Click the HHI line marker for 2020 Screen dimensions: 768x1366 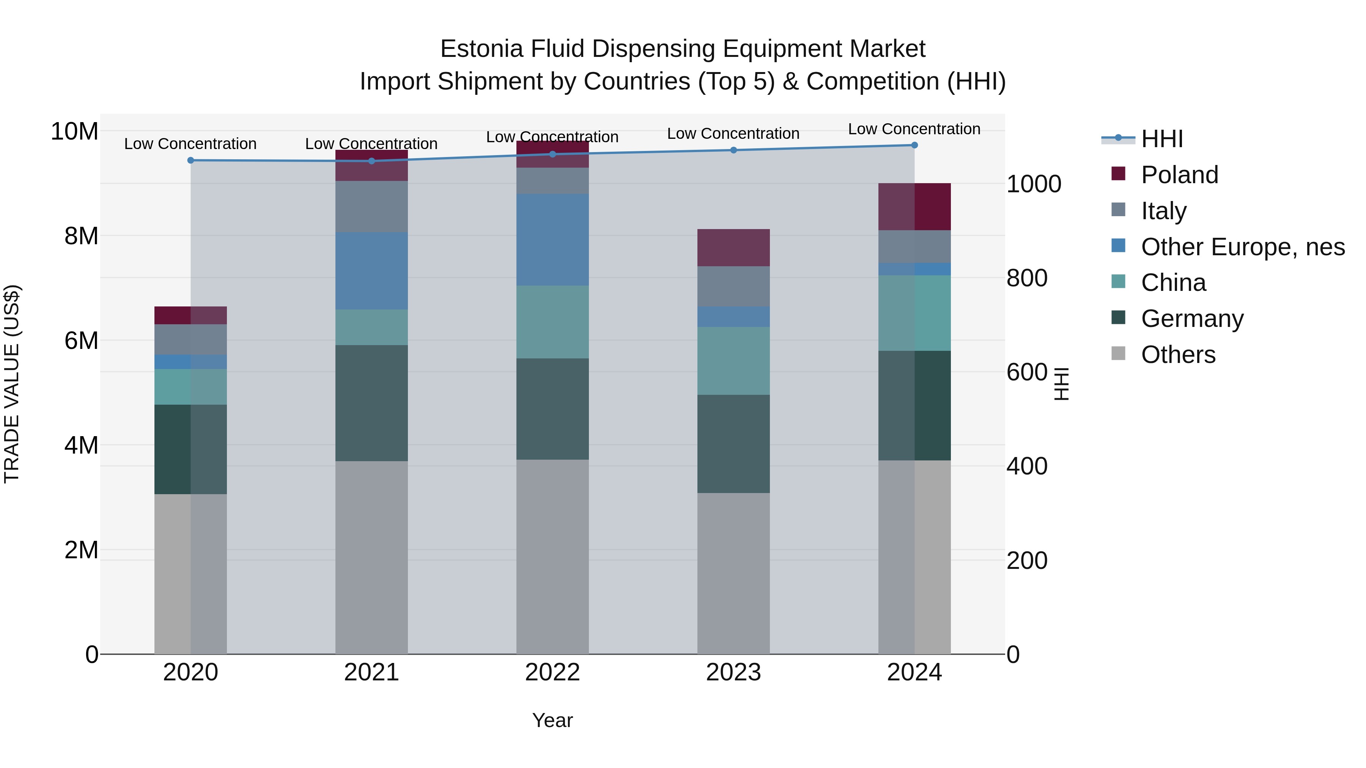coord(190,160)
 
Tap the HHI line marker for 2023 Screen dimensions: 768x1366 coord(733,150)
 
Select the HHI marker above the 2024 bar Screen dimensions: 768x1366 coord(914,145)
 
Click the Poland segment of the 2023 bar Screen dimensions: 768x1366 coord(733,248)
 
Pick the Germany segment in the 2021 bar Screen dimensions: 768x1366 coord(371,403)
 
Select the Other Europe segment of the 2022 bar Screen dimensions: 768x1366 coord(552,240)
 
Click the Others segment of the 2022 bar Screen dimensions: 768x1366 coord(552,556)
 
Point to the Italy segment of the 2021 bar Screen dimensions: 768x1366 coord(371,206)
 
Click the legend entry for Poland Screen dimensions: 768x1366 coord(1179,175)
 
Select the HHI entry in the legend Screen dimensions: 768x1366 coord(1161,139)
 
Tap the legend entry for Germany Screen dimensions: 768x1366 coord(1191,319)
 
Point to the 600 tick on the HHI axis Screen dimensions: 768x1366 coord(1027,372)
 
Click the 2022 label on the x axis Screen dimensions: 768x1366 coord(552,672)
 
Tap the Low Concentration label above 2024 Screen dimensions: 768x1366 coord(914,129)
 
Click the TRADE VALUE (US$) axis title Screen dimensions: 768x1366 coord(12,384)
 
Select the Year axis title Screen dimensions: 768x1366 coord(552,720)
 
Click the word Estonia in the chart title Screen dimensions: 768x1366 coord(482,49)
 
